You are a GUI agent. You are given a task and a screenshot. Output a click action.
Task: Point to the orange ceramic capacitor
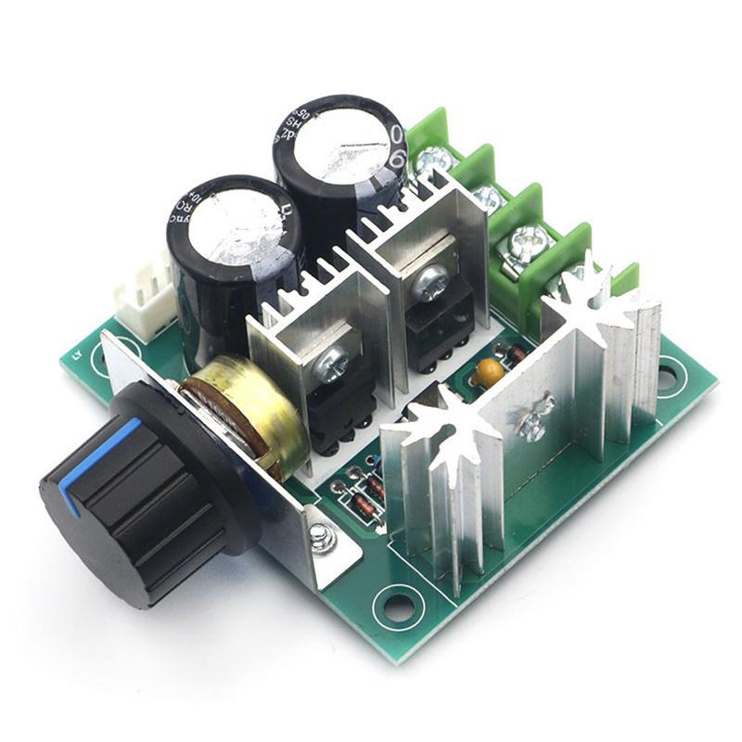click(489, 372)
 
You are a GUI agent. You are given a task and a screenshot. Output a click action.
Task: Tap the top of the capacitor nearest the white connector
click(232, 223)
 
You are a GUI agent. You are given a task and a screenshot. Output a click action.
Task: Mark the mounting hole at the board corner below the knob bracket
click(398, 607)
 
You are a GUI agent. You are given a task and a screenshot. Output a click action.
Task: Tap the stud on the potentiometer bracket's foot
click(321, 534)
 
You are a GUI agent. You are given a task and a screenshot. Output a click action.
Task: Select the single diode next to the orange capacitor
click(508, 352)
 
